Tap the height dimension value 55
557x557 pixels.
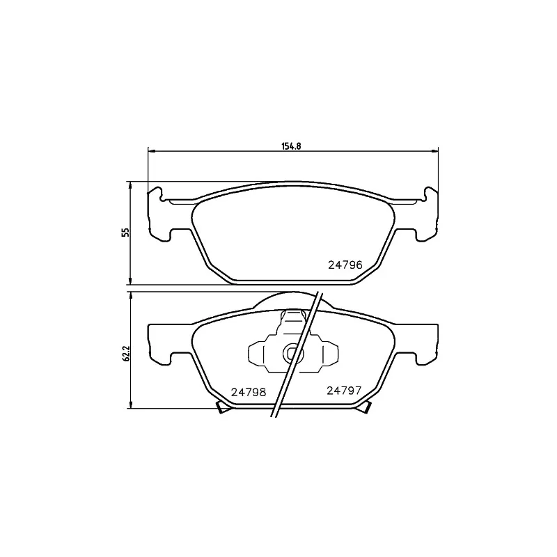(x=125, y=233)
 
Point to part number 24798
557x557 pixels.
(x=249, y=391)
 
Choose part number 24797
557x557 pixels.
(x=343, y=391)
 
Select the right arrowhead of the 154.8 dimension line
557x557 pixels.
(x=436, y=151)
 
